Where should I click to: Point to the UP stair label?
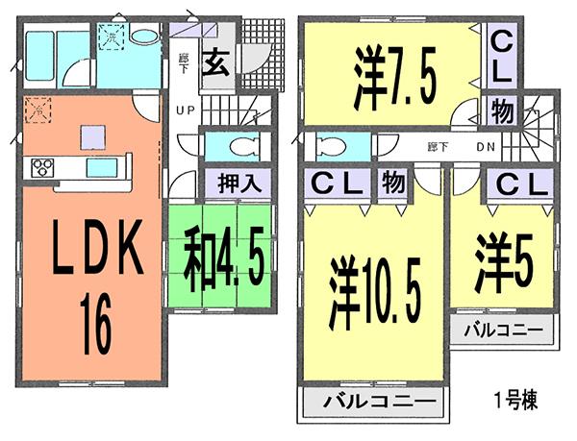[186, 110]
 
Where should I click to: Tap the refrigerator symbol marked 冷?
[38, 110]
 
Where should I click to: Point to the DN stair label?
[486, 146]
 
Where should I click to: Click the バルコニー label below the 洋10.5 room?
[371, 401]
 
